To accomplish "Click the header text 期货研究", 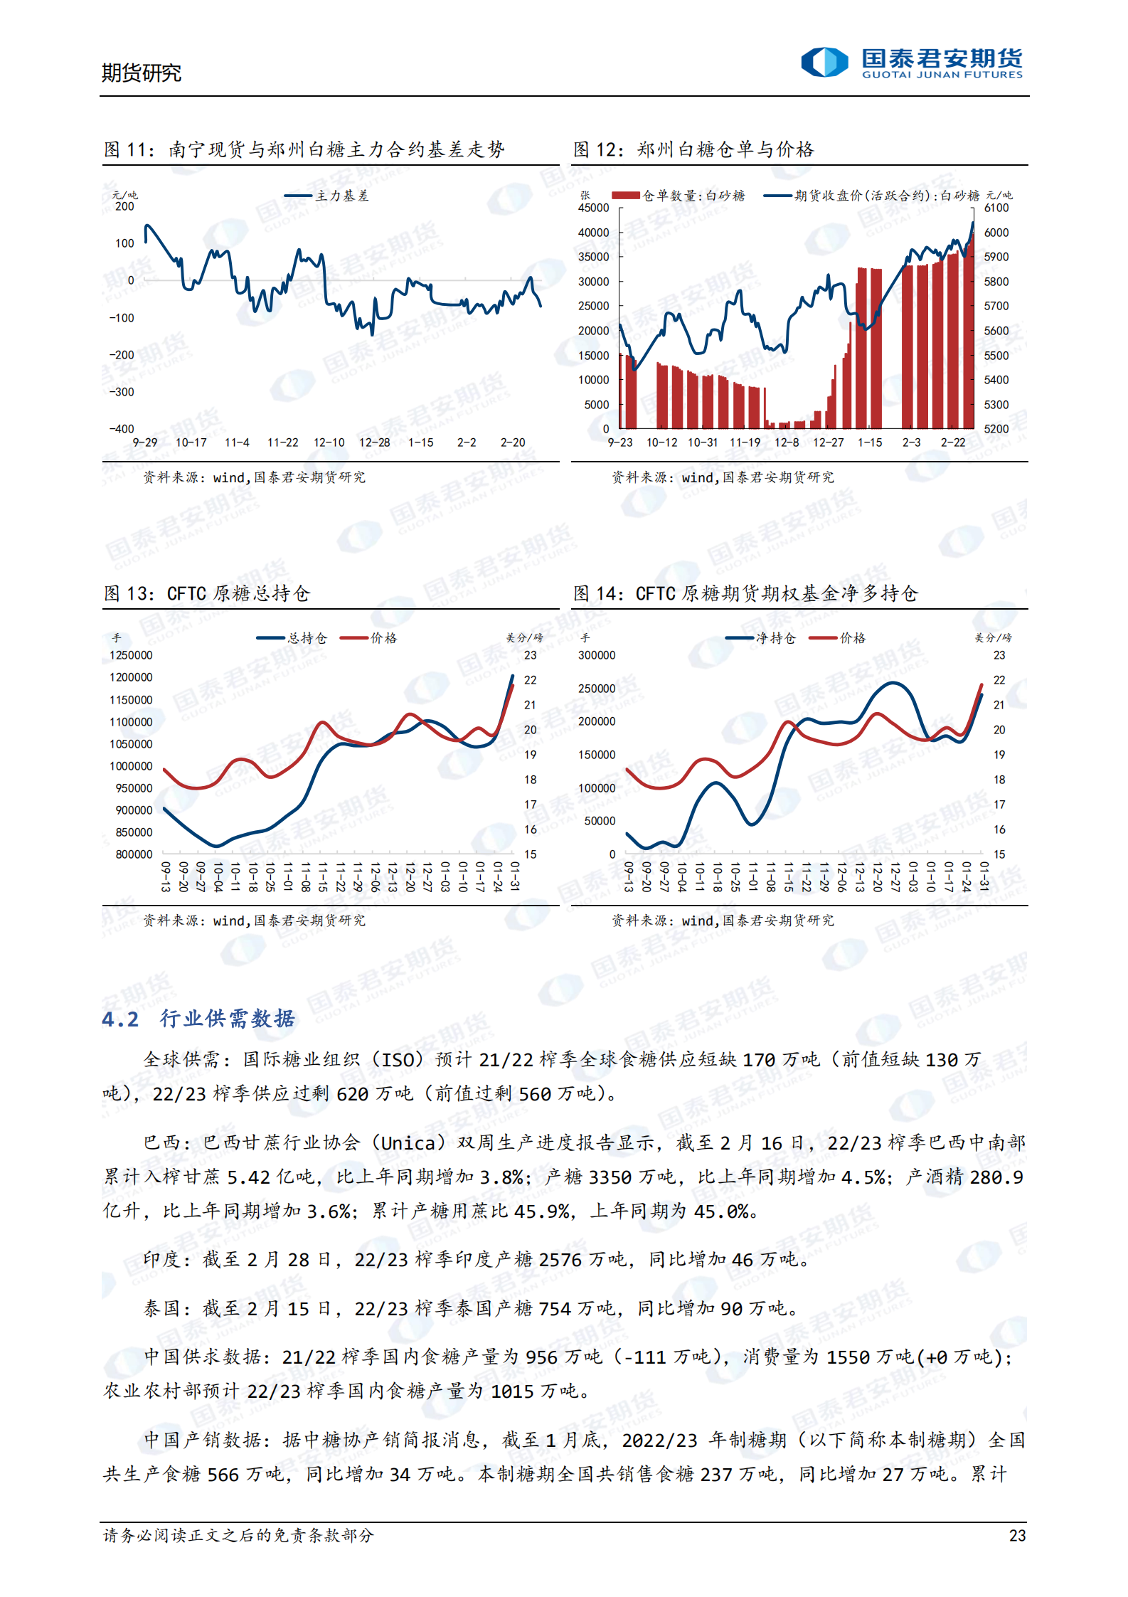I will coord(141,73).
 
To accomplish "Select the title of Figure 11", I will coord(304,149).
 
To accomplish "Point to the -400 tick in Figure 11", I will coord(122,429).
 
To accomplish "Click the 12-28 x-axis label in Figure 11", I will coord(374,442).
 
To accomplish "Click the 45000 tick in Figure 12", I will coord(594,208).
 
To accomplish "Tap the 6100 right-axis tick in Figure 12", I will coord(996,208).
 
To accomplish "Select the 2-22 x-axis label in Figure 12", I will coord(952,442).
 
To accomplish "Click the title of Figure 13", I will coord(207,593).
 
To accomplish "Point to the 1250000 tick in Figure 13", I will coord(131,655).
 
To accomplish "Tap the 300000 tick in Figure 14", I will coord(597,655).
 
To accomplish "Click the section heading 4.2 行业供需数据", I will coord(198,1019).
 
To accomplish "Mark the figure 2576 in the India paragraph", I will coord(560,1260).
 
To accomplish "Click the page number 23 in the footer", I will coord(1017,1535).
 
